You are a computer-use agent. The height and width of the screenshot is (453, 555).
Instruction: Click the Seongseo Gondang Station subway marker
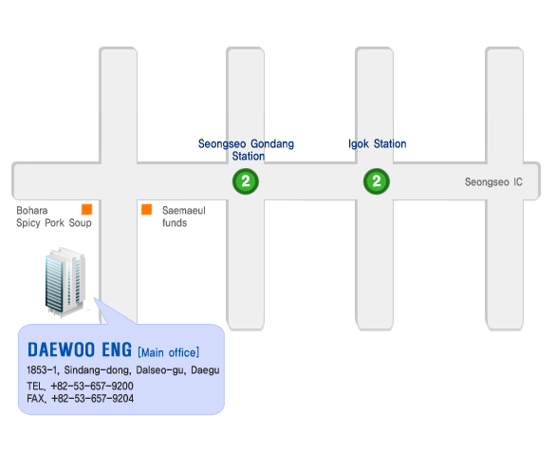click(246, 181)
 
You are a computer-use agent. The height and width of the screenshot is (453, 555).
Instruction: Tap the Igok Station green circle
click(377, 181)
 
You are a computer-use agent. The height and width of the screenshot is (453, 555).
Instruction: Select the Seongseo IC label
click(493, 182)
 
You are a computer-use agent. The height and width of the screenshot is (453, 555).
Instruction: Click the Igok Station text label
click(378, 143)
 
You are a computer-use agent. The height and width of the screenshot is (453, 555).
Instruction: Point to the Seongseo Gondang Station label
click(246, 150)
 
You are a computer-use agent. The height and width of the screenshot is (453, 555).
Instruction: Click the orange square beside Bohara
click(86, 209)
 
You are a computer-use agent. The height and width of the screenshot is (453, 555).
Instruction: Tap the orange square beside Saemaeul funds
click(146, 209)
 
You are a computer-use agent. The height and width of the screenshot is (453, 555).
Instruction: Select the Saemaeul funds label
click(184, 217)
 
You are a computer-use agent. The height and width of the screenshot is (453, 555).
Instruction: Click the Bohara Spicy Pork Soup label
click(54, 217)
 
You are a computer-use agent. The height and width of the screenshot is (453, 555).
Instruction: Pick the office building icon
click(65, 281)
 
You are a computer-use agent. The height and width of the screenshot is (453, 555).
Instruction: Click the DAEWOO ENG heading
click(80, 349)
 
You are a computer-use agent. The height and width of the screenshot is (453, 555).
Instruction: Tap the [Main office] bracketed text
click(169, 352)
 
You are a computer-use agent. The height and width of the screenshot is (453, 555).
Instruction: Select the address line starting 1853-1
click(123, 370)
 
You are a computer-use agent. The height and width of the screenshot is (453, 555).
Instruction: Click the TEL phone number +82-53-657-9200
click(92, 386)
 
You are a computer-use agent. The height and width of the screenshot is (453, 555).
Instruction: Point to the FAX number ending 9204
click(92, 399)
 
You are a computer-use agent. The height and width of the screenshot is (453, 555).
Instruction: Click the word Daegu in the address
click(205, 370)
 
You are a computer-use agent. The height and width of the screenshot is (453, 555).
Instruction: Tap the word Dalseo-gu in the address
click(160, 370)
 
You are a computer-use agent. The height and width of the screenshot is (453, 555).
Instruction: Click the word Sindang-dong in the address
click(98, 370)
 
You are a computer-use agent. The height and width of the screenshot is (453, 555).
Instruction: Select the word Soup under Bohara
click(81, 223)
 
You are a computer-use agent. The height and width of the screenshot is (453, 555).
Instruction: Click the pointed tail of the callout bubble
click(95, 299)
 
